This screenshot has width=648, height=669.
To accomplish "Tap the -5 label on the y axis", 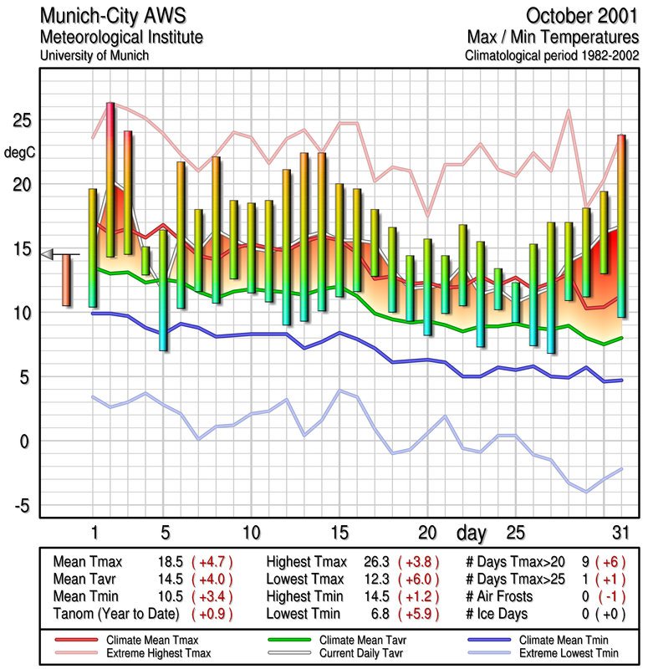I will tap(22, 504).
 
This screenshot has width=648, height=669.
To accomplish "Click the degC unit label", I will tap(20, 152).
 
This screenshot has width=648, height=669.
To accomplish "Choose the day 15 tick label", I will tap(339, 533).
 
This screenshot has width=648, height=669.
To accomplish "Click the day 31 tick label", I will tap(619, 533).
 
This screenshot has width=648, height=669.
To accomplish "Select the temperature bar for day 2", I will tap(110, 179).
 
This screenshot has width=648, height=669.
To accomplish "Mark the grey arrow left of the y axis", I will tap(48, 254).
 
